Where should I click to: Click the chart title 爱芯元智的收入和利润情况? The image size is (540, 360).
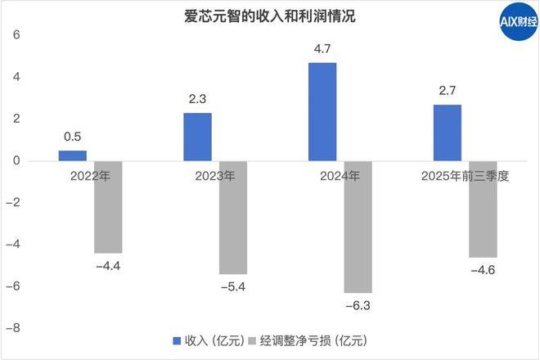coord(264,16)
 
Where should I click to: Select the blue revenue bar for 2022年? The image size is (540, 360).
coord(72,155)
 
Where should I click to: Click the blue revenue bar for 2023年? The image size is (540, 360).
coord(197,137)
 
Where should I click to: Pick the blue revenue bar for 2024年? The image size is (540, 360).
coord(322,111)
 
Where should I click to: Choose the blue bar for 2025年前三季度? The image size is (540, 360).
coord(447,133)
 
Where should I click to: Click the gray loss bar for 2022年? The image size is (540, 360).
coord(108,207)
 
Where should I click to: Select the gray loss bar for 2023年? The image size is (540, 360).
coord(233,218)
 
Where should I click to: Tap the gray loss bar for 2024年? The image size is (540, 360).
coord(358,227)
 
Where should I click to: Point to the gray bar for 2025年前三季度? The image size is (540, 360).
coord(483,209)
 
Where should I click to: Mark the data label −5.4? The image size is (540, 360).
coord(233,286)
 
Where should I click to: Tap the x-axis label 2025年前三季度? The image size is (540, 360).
coord(466,176)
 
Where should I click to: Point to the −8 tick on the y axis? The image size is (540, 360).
coord(16,328)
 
